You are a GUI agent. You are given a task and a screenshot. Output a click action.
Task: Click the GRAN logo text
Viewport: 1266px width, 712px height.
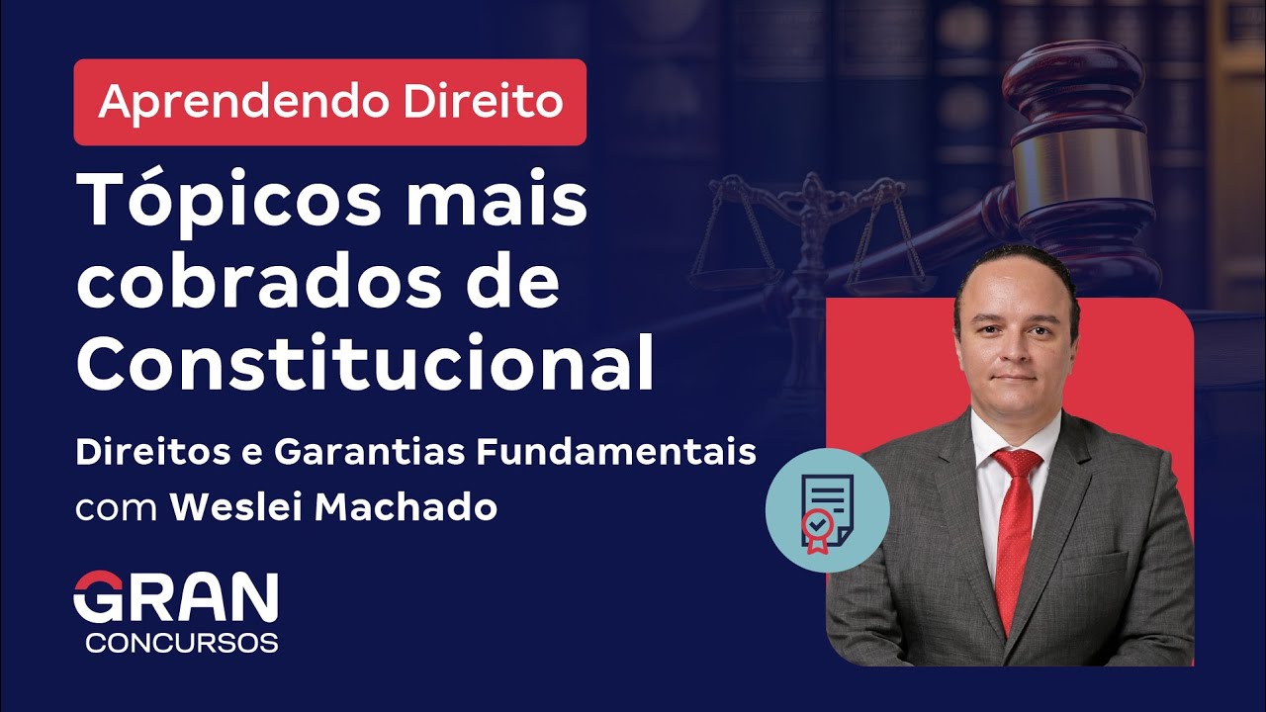pyautogui.click(x=176, y=598)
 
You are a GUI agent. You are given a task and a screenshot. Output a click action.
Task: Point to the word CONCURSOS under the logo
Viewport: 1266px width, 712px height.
pyautogui.click(x=182, y=642)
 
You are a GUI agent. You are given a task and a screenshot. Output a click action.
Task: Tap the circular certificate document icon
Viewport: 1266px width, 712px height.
pyautogui.click(x=827, y=510)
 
